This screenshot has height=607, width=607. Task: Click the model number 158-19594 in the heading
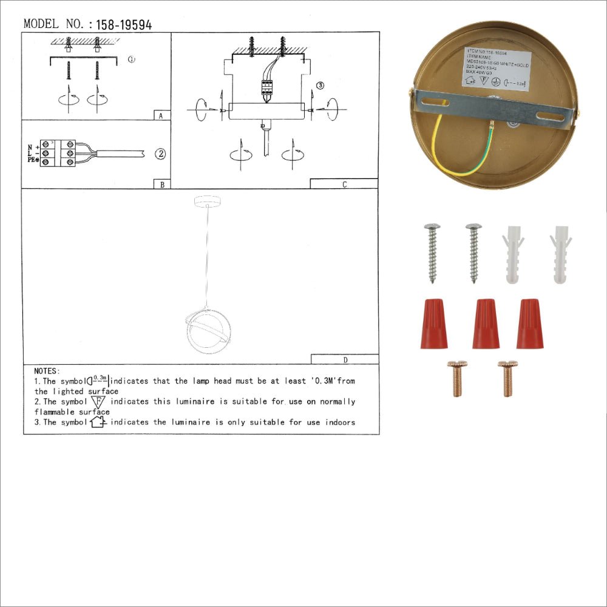120,24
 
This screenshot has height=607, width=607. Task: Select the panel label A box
161,115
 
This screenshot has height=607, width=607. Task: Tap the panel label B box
161,184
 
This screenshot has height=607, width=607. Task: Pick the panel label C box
344,184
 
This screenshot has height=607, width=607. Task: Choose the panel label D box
344,359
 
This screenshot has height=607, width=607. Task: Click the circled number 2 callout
160,154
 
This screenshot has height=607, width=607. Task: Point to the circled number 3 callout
320,86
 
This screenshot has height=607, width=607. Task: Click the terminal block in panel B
59,154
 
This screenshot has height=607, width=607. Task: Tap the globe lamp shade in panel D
208,333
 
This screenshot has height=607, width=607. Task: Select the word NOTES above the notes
47,370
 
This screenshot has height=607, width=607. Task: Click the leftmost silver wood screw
432,252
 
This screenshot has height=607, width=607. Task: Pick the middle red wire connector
486,324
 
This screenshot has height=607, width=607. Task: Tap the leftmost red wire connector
433,324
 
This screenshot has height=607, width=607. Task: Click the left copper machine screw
456,378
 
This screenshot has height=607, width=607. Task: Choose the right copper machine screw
507,378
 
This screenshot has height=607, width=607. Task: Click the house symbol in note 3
98,422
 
